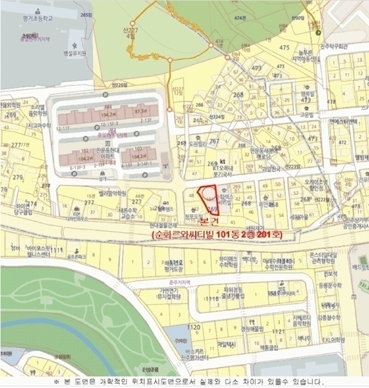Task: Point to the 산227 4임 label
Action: point(131,33)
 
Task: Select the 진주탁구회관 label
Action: point(341,47)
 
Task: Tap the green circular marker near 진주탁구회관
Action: point(319,31)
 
